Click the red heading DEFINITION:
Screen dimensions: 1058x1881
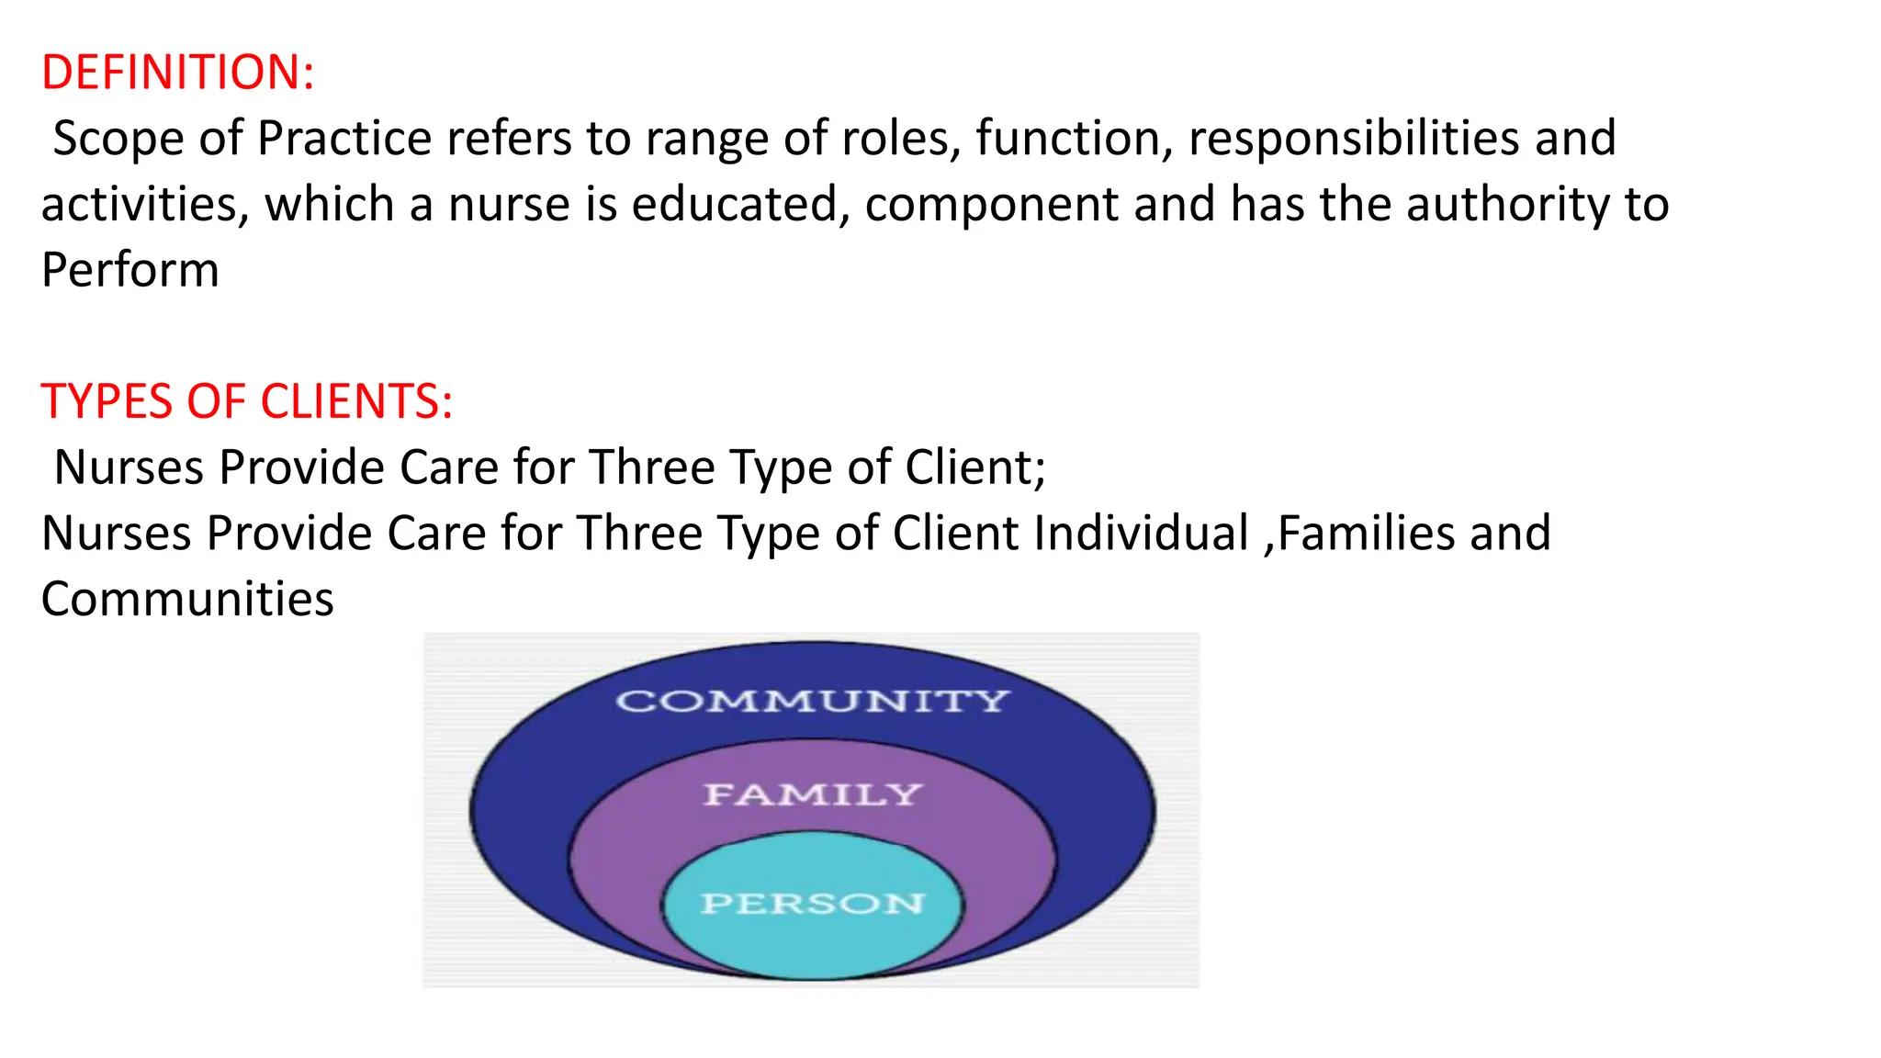coord(178,73)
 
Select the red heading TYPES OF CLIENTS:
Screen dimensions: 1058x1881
coord(247,401)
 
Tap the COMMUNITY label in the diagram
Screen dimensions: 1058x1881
coord(812,702)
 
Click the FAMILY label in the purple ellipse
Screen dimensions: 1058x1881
coord(812,794)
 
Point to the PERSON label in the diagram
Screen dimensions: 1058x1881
coord(812,904)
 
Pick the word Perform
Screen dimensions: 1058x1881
coord(130,270)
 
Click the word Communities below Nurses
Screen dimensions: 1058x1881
coord(187,599)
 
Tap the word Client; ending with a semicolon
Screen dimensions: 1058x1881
coord(975,467)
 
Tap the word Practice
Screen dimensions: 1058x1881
coord(344,140)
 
